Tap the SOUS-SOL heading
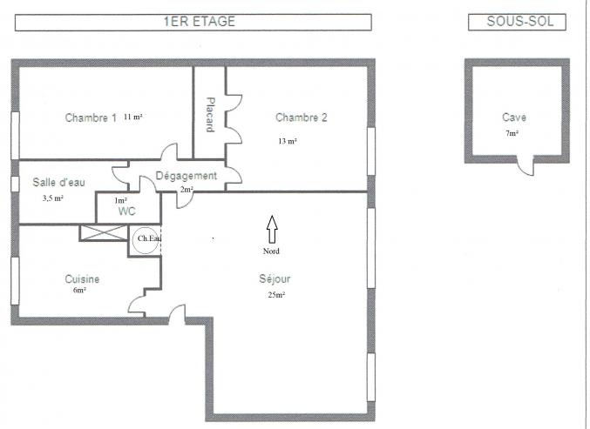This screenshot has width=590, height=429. click(x=520, y=22)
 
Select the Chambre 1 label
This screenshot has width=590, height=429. click(x=91, y=117)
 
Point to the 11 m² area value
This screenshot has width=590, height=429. click(x=132, y=117)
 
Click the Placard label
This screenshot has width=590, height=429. click(x=210, y=115)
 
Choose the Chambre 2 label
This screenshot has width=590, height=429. click(x=302, y=117)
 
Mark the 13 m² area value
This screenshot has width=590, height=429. click(x=288, y=141)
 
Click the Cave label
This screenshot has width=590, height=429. click(x=514, y=117)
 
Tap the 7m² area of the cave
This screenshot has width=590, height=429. click(x=512, y=133)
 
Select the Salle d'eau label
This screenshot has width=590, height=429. click(x=58, y=182)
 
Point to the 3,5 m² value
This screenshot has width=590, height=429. click(x=52, y=198)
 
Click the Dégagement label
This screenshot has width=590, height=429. click(x=186, y=176)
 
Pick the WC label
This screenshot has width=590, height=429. click(x=127, y=211)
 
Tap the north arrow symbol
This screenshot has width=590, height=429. click(x=272, y=229)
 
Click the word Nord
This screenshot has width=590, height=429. click(x=271, y=251)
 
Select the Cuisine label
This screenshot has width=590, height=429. click(x=82, y=279)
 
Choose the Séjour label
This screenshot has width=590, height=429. click(x=275, y=279)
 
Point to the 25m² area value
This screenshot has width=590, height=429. click(x=276, y=295)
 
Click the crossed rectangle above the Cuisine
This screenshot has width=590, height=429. click(x=104, y=233)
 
